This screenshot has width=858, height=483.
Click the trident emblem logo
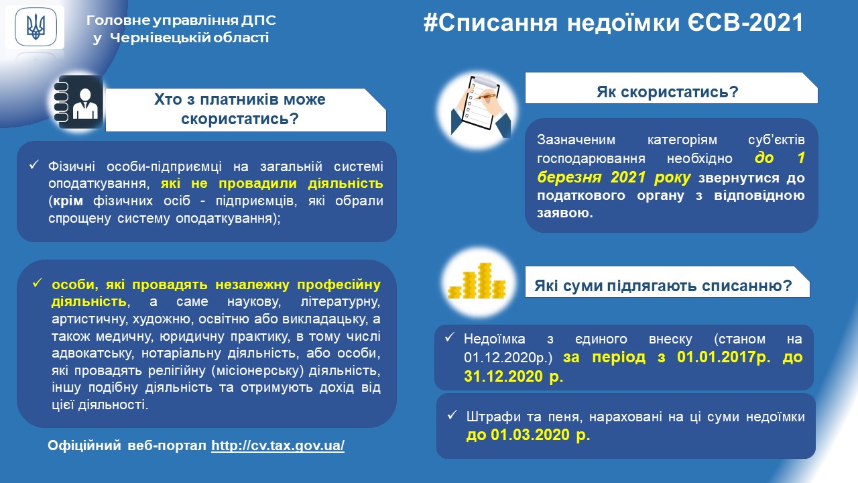[36, 27]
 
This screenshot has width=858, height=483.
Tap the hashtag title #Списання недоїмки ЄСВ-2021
[613, 22]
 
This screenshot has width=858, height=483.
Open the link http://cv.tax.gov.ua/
[278, 445]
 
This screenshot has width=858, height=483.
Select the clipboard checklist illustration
[479, 108]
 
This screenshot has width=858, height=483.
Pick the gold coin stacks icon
[477, 281]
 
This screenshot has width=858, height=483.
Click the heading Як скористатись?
[667, 92]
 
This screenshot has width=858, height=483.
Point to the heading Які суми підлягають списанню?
[663, 286]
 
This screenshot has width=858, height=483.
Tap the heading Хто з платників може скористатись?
[240, 109]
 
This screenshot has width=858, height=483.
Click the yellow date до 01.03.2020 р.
[528, 435]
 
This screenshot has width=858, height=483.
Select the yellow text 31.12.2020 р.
[513, 376]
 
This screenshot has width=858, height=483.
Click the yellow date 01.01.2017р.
[723, 357]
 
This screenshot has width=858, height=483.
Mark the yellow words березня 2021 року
[613, 177]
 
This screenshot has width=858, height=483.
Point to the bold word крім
[68, 201]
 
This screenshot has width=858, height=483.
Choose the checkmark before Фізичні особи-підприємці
[34, 165]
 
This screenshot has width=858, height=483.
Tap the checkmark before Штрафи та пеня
[452, 415]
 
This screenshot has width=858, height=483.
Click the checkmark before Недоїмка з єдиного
[449, 337]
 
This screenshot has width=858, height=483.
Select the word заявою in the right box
[565, 213]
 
